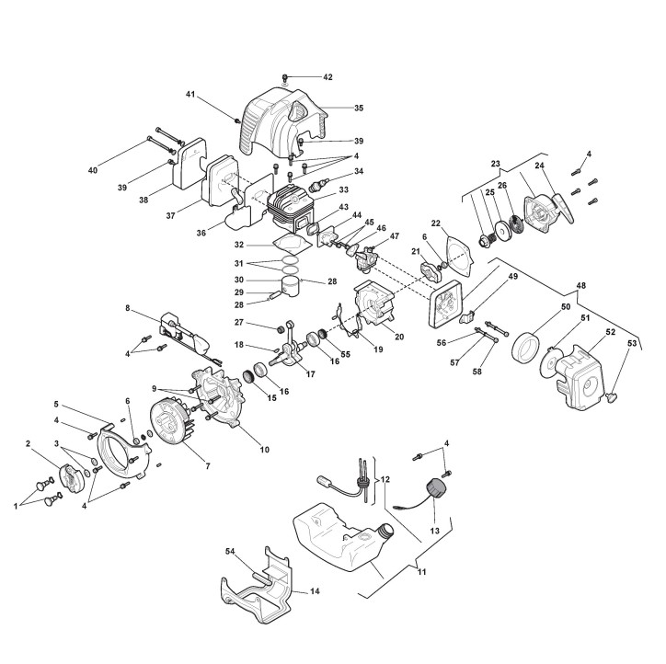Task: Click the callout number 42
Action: coord(327,77)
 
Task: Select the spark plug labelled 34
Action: coord(319,186)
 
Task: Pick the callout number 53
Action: coord(632,343)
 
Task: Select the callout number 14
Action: coord(315,591)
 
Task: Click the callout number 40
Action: coord(93,170)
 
